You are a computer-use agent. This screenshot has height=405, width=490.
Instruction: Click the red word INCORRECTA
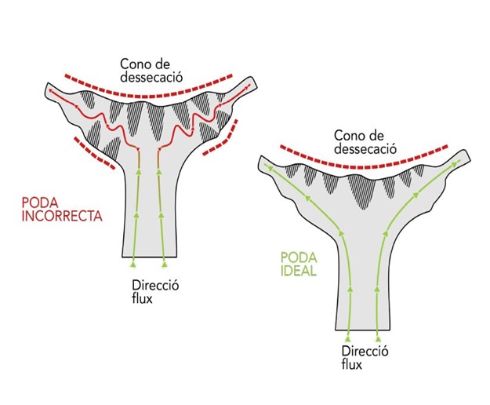click(x=62, y=216)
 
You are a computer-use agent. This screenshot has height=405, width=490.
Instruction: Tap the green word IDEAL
click(x=299, y=271)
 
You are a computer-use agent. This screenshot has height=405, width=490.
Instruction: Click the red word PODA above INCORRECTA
click(x=40, y=203)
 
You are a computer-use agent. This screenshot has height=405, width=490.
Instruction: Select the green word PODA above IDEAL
click(x=299, y=258)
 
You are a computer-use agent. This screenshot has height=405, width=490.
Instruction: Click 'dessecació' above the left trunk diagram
click(x=151, y=77)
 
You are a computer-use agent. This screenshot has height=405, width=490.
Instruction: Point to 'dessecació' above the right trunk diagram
click(x=365, y=149)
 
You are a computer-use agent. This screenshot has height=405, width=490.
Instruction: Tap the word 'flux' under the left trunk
click(x=142, y=298)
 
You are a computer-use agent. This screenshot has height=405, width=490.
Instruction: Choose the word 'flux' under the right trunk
click(x=352, y=365)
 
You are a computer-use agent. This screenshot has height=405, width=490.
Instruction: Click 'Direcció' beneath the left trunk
click(x=155, y=286)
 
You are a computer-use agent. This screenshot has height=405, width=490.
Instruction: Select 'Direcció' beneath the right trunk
click(x=365, y=351)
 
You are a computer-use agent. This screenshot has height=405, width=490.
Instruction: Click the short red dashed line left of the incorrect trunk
click(x=94, y=153)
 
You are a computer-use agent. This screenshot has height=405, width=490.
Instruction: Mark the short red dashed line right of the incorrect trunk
click(x=221, y=137)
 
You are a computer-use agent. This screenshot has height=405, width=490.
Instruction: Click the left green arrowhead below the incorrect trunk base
click(x=133, y=265)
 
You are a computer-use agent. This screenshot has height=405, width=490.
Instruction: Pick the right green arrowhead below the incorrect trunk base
click(x=165, y=265)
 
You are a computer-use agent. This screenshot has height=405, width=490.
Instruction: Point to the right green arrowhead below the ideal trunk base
click(x=378, y=339)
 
